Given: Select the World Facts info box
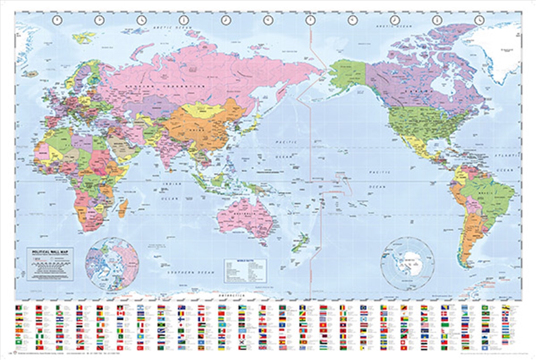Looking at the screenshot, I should point(245,270).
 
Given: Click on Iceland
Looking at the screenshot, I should point(31,73).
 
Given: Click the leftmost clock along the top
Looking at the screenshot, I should point(57,20).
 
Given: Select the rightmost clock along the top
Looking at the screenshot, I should point(479,20).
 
